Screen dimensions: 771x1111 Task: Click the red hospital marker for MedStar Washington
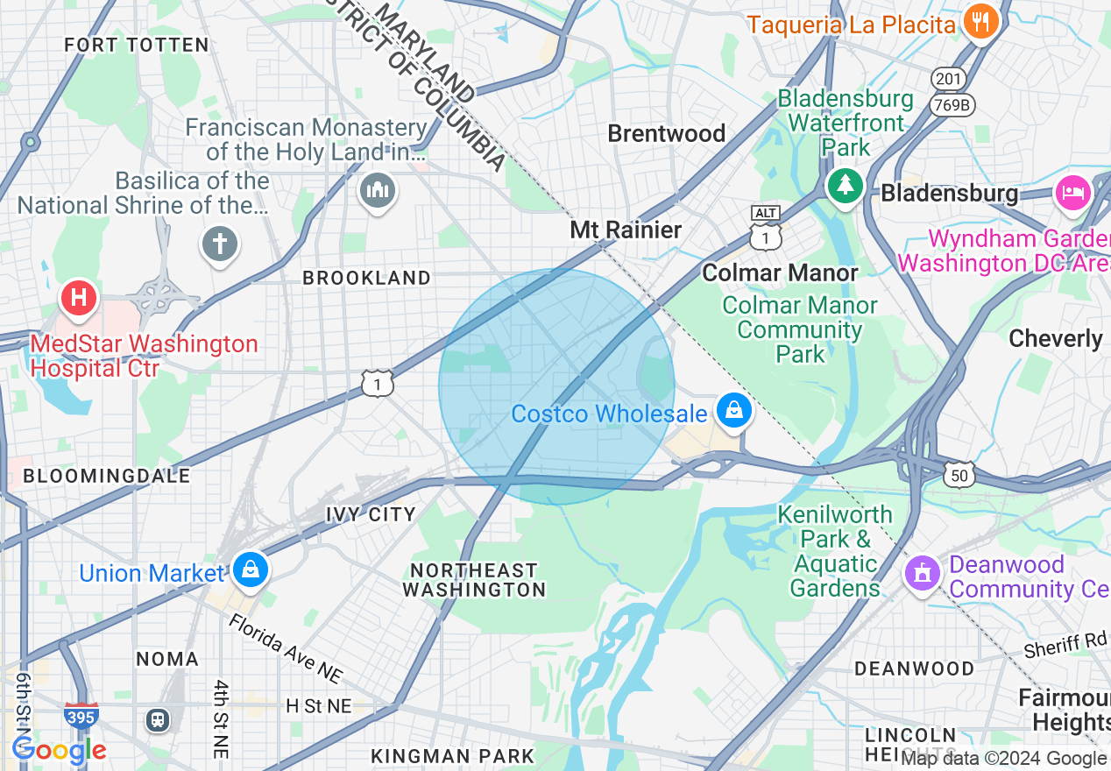tap(79, 298)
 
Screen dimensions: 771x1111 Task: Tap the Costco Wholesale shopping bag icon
tap(733, 409)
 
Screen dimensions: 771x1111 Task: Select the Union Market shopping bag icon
tap(251, 569)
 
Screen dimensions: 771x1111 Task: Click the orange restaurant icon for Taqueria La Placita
tap(979, 21)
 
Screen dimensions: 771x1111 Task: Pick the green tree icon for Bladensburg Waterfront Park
tap(845, 184)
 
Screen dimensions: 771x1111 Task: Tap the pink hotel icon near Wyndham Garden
tap(1073, 192)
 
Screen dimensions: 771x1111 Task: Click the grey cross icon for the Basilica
tap(219, 243)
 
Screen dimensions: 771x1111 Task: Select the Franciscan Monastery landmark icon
tap(378, 189)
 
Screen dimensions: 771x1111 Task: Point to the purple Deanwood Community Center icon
tap(921, 574)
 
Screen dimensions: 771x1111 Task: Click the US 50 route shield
tap(959, 474)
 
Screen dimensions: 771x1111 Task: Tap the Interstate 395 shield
tap(80, 715)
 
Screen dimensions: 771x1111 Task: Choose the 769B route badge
tap(951, 105)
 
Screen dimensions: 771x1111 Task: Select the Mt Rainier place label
tap(626, 230)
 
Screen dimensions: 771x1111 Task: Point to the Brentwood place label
tap(666, 133)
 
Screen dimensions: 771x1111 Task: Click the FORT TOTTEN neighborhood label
tap(137, 45)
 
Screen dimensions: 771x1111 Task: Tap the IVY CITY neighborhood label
tap(370, 513)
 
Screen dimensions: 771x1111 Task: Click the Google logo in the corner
tap(59, 750)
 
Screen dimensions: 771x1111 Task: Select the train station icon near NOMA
tap(157, 719)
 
